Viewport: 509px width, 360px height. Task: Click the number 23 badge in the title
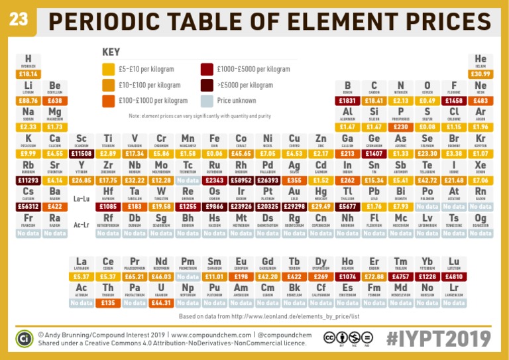[x=19, y=21]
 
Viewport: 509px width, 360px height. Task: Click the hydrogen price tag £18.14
[x=28, y=74]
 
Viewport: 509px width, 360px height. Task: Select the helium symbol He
[x=481, y=60]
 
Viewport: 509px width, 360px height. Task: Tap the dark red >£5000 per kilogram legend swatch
[x=207, y=85]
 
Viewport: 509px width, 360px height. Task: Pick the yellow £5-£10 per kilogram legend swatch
[x=109, y=69]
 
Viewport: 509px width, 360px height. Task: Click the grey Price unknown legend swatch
[x=207, y=101]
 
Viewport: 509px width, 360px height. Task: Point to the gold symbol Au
[x=294, y=192]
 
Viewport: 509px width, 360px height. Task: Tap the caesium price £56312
[x=28, y=206]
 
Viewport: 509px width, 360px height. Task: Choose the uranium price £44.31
[x=161, y=303]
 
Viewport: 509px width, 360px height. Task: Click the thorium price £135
[x=109, y=303]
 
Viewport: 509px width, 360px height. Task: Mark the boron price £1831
[x=347, y=101]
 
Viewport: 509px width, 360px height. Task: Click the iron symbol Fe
[x=214, y=139]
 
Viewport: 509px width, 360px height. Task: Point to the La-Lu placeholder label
[x=81, y=198]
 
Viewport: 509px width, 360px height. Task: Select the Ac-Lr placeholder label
[x=81, y=225]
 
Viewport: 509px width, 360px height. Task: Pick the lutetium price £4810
[x=454, y=276]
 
